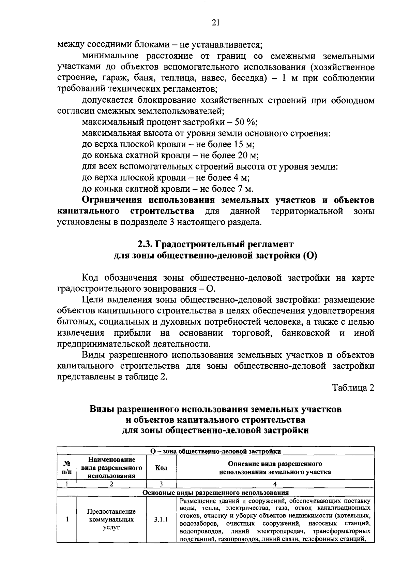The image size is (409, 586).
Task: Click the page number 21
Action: tap(216, 23)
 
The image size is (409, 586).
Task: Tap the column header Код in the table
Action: tap(161, 468)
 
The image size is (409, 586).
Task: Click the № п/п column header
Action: tap(67, 468)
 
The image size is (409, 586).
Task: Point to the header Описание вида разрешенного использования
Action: tap(275, 468)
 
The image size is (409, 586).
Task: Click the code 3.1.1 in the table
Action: tap(161, 520)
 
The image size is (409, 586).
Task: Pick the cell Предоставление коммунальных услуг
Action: tap(111, 520)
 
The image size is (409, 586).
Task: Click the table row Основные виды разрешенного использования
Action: tap(215, 493)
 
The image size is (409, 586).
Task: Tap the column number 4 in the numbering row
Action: tap(275, 484)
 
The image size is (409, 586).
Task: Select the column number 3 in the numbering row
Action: tap(161, 484)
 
